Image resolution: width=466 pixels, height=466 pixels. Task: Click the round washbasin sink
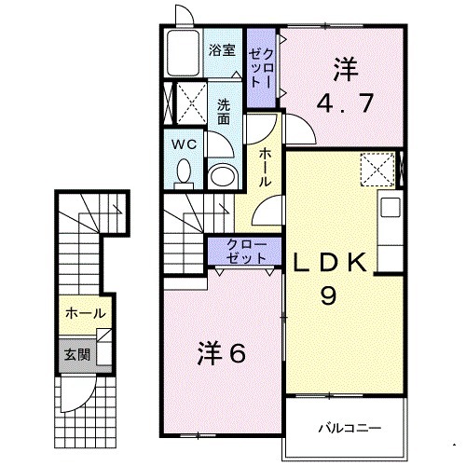[x=222, y=175]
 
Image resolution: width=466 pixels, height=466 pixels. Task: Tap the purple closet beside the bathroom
[x=260, y=66]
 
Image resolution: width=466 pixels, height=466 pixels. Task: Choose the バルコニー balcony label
[x=348, y=428]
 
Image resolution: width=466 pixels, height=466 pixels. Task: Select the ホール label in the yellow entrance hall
[x=85, y=314]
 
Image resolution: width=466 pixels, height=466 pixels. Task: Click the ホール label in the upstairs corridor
[x=266, y=166]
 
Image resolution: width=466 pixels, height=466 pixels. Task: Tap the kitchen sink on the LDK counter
[x=390, y=207]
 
